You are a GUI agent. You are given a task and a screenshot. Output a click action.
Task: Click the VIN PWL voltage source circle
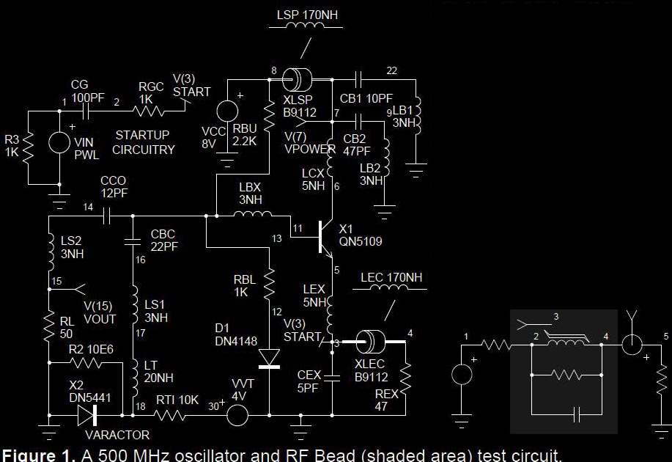pos(59,142)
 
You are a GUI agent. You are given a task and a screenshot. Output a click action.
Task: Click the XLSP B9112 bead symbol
pos(298,78)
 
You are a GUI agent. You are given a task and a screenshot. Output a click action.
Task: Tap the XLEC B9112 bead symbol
pos(371,342)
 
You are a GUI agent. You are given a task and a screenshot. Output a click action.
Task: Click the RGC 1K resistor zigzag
pos(149,111)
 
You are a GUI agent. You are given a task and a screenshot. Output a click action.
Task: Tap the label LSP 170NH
pos(308,15)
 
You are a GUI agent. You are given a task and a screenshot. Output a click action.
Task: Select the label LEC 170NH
pos(391,278)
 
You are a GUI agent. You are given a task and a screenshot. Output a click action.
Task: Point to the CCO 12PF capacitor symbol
pos(106,216)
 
